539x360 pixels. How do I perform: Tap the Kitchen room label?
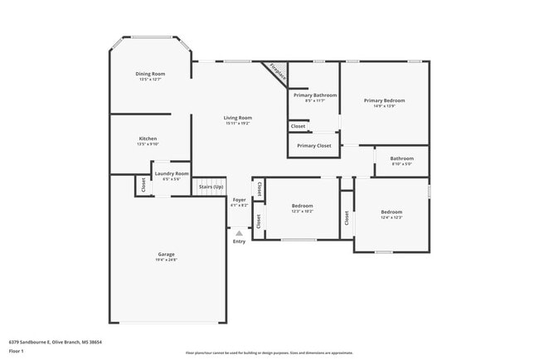[148, 139]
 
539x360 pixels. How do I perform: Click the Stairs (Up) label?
[211, 187]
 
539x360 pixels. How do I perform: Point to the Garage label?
[166, 254]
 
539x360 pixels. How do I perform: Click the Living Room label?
[237, 118]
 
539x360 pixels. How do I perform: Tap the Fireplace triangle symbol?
[279, 71]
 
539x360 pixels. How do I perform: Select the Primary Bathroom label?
[314, 95]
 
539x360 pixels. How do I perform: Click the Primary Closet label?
[314, 146]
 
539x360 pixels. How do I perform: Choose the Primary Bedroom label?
[384, 100]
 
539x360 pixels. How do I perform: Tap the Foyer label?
[239, 200]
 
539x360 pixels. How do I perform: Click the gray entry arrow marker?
[239, 233]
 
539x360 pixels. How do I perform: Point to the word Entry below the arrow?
[239, 241]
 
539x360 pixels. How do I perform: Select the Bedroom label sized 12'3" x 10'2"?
[302, 206]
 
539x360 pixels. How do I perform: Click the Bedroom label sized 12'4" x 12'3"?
[391, 212]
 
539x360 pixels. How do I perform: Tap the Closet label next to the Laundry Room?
[143, 186]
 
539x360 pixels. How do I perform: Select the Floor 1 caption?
[17, 351]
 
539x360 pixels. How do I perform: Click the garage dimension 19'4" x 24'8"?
[166, 260]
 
